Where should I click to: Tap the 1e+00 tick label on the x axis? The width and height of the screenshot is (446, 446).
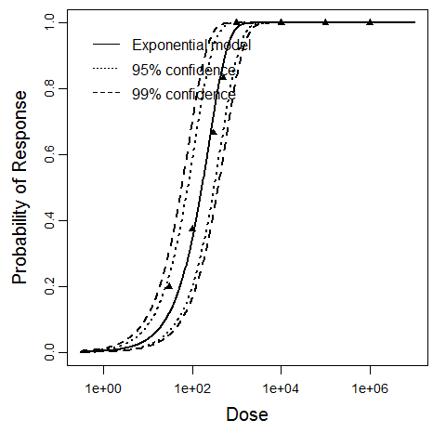[x=103, y=384]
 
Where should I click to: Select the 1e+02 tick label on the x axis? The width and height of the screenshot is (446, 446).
[x=192, y=384]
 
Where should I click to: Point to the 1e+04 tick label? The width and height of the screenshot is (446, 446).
[x=282, y=384]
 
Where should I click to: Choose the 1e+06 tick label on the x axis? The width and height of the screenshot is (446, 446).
[x=370, y=384]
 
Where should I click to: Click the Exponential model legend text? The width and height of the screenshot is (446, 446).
[x=191, y=45]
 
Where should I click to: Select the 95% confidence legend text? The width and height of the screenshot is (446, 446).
[x=184, y=70]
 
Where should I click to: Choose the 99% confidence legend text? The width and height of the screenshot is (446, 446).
[x=184, y=94]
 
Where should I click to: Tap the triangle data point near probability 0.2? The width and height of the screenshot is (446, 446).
[x=168, y=286]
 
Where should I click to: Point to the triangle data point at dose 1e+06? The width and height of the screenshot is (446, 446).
[x=370, y=22]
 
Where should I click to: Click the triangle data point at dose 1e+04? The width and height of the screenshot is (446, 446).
[x=282, y=22]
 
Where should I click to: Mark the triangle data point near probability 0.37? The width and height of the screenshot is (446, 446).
[x=192, y=229]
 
